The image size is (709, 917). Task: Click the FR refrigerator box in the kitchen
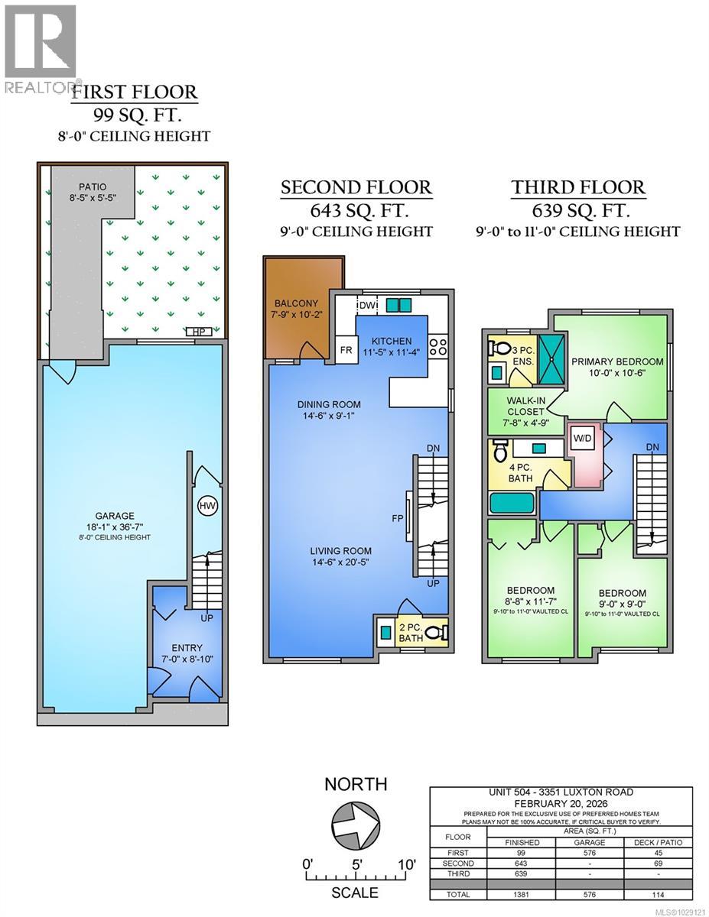click(x=345, y=351)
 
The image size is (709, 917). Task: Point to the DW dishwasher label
click(x=368, y=305)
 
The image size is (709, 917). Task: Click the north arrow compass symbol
click(x=356, y=825)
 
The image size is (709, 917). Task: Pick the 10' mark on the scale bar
click(x=405, y=864)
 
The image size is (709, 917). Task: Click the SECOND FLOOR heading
click(x=356, y=187)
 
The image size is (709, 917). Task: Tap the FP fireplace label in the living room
click(x=397, y=517)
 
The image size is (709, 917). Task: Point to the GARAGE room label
click(x=114, y=516)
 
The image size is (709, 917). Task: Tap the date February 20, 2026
click(x=561, y=803)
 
